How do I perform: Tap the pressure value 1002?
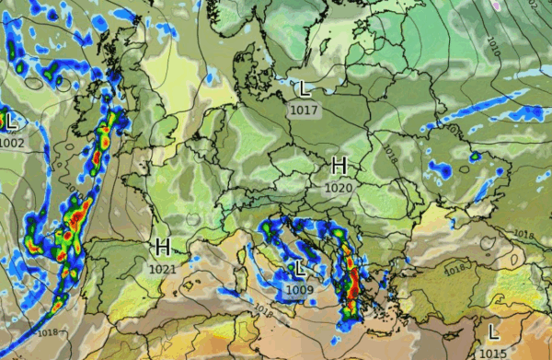13,143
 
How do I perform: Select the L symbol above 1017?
304,89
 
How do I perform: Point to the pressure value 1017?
305,110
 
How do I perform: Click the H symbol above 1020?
339,166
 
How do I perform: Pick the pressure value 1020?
339,188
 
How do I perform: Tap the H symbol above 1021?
163,247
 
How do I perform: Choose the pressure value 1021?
162,268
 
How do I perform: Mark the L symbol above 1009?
300,269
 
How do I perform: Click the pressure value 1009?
300,291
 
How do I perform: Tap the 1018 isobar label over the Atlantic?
49,331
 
